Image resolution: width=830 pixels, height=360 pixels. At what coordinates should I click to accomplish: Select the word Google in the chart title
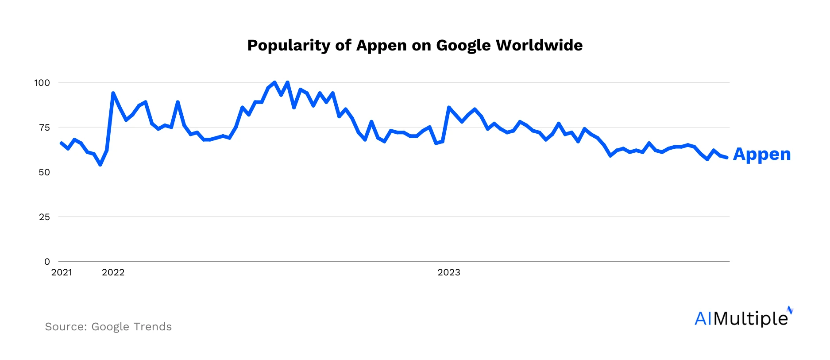coord(463,46)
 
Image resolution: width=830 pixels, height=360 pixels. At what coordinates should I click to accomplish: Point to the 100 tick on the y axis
coord(42,83)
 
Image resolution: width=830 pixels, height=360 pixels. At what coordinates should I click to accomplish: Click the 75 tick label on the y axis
coord(44,128)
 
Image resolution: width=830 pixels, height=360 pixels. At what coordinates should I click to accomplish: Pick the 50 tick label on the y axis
coord(44,172)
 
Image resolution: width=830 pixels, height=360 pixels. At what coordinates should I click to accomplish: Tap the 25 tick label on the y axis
coord(44,217)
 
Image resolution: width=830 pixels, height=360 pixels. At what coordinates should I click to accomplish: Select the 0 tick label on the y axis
coord(47,262)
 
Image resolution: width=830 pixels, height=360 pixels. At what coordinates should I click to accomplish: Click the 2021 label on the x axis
coord(62,272)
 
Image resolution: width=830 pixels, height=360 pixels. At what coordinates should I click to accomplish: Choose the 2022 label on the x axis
coord(113,272)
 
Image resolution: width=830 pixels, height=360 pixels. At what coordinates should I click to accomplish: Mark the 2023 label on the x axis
coord(449,272)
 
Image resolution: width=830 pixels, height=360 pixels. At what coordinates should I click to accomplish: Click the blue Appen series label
coord(762,154)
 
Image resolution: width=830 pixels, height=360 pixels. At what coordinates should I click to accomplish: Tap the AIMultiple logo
coord(743,317)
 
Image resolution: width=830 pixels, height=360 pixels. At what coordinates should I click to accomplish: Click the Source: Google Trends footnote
coord(108,327)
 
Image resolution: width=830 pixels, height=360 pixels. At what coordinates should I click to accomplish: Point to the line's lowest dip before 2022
coord(100,165)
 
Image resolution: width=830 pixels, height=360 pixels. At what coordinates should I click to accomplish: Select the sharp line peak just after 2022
coord(113,93)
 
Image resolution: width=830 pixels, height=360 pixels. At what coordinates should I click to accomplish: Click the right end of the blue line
coord(727,158)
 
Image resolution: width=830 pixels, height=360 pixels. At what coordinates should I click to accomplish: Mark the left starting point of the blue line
coord(61,143)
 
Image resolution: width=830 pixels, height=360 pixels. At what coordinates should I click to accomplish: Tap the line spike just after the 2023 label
coord(449,107)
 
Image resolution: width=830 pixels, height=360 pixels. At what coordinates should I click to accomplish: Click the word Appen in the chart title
coord(381,46)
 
